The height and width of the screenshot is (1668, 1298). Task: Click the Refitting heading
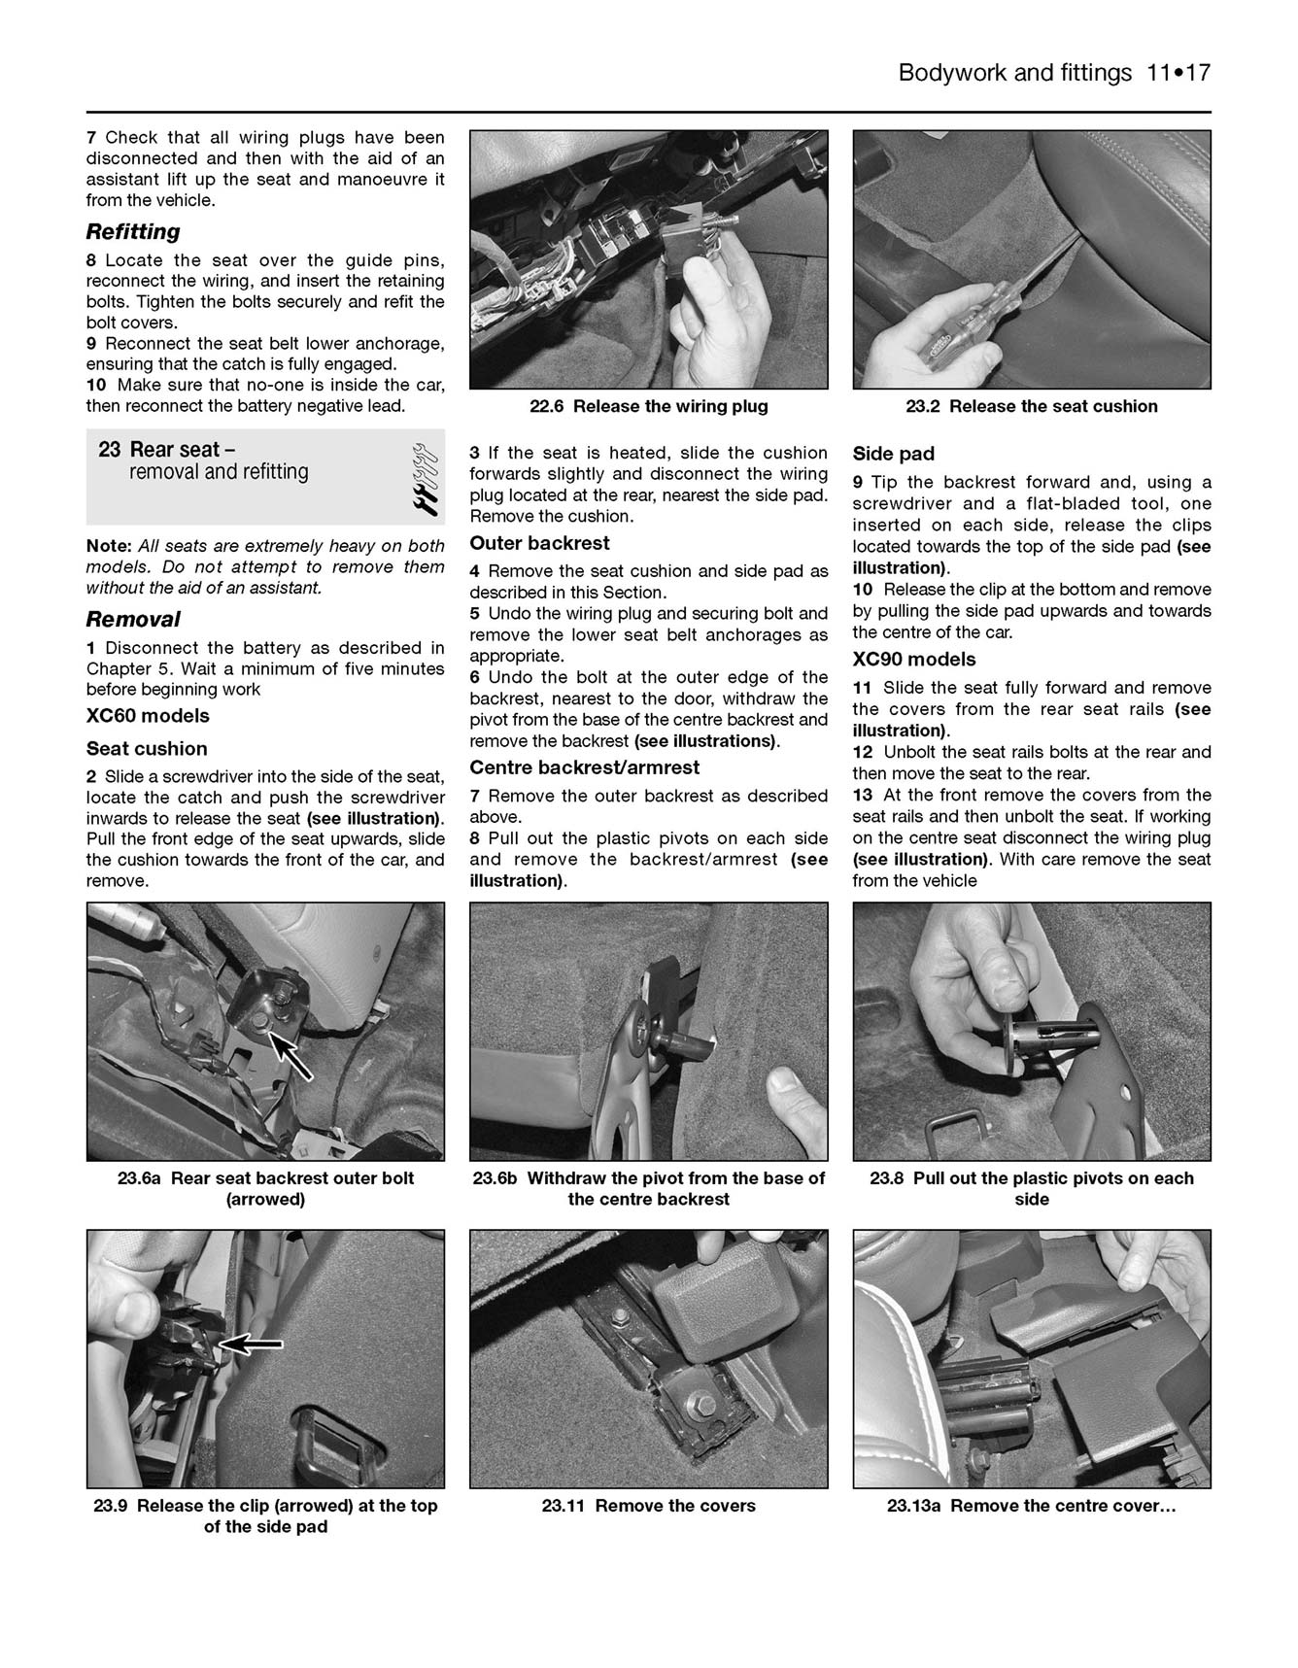[133, 232]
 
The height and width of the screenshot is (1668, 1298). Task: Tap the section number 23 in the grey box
[109, 450]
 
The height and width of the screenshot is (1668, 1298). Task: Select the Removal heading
[133, 620]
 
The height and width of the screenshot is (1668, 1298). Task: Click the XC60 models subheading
[148, 716]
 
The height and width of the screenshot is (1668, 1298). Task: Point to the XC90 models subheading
[913, 660]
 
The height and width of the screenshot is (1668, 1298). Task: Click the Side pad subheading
[893, 454]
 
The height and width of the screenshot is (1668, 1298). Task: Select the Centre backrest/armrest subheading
[584, 767]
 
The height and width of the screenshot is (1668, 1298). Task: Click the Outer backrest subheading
[539, 543]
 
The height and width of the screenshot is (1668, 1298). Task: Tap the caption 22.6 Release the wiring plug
[648, 407]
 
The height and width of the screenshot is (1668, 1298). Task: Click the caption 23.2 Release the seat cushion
[1031, 407]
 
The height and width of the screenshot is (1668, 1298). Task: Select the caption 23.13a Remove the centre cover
[1031, 1506]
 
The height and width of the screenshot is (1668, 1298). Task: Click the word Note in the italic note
[108, 546]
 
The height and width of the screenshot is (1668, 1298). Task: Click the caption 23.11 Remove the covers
[648, 1506]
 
